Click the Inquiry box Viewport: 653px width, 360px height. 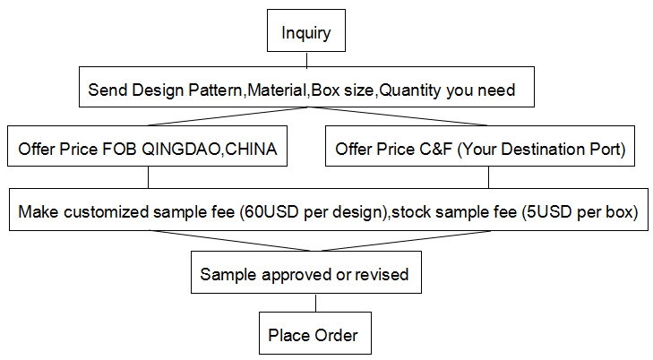(x=306, y=30)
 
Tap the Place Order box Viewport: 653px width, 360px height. (x=315, y=333)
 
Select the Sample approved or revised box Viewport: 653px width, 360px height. (x=306, y=272)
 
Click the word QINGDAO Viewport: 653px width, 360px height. (x=181, y=150)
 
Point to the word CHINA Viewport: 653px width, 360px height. (x=251, y=149)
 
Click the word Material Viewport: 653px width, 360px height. (x=278, y=90)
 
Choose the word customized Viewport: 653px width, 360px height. (x=107, y=212)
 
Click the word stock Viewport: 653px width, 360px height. (x=411, y=212)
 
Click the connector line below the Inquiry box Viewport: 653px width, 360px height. (x=307, y=59)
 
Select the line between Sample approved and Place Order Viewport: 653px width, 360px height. (x=315, y=303)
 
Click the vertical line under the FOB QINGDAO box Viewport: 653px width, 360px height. (x=149, y=177)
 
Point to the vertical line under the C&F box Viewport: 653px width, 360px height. (x=488, y=177)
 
